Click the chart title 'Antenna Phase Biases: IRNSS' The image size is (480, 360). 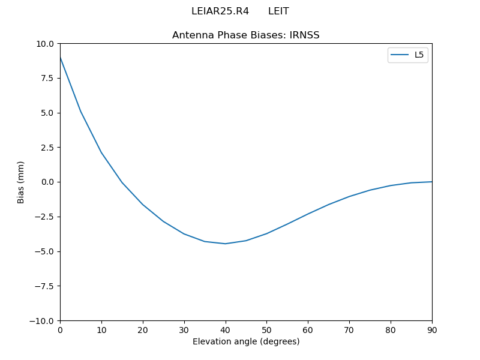tap(245, 35)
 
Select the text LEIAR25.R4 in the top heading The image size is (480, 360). tap(220, 11)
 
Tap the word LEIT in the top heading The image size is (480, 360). tap(278, 11)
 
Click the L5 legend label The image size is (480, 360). tap(419, 55)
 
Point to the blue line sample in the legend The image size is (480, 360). tap(400, 55)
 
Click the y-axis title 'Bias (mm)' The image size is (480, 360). tap(21, 182)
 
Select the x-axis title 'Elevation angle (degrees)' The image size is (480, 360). tap(245, 342)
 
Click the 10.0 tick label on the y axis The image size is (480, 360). tap(45, 44)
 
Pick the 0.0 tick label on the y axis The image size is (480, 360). tap(47, 182)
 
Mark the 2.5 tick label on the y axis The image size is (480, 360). tap(47, 148)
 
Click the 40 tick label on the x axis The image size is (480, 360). tap(225, 330)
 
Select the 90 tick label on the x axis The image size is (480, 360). tap(431, 330)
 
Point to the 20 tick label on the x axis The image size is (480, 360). tap(143, 330)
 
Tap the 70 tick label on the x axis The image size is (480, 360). tap(349, 330)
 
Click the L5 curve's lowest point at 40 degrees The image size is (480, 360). tap(225, 244)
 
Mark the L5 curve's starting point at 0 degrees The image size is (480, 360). tap(60, 57)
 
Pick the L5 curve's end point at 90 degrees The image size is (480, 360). tap(431, 182)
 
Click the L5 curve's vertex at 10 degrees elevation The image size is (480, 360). tap(101, 152)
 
